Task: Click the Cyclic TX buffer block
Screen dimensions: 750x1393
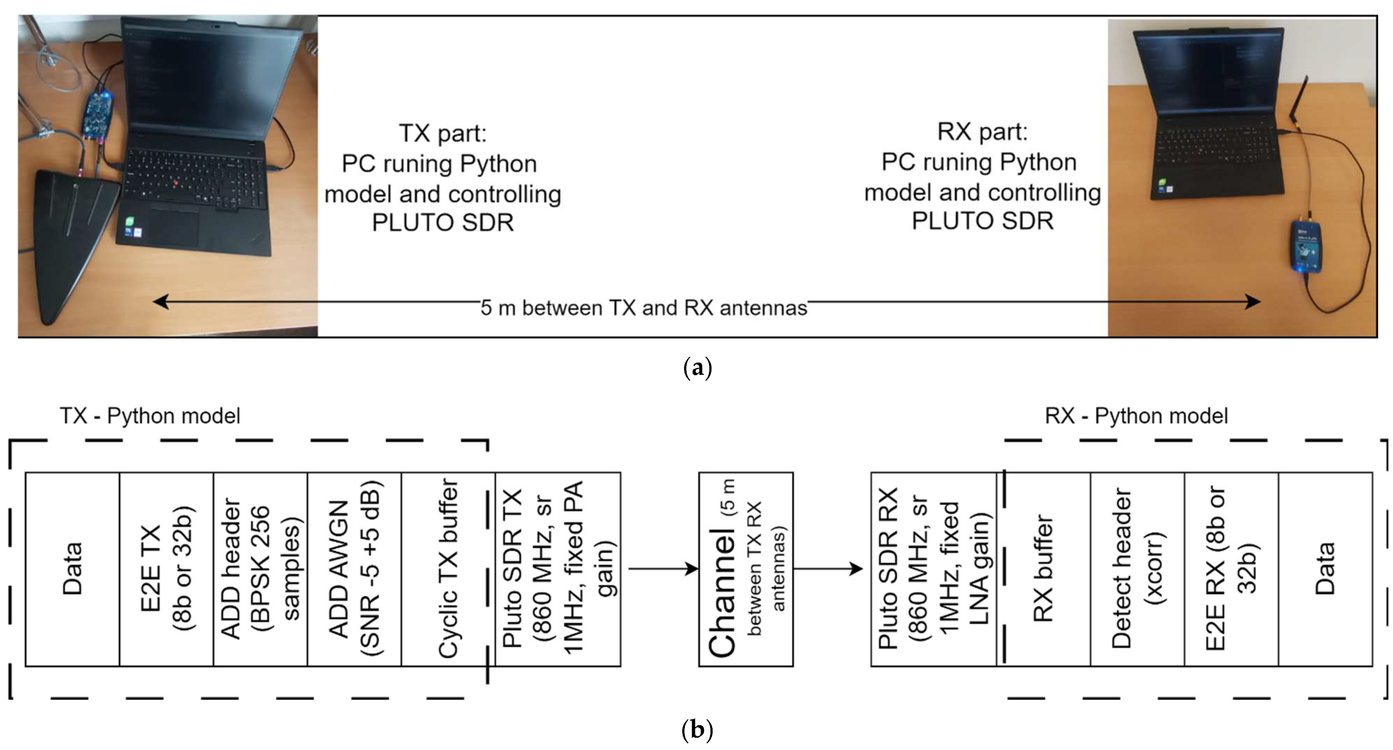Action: click(448, 569)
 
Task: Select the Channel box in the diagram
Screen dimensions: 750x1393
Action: click(746, 569)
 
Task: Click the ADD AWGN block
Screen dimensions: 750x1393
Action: click(354, 569)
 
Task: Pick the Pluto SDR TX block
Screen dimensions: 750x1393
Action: click(558, 569)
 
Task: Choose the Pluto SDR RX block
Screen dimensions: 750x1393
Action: click(933, 569)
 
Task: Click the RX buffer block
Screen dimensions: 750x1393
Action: click(1044, 569)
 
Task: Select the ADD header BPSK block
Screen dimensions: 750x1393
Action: click(260, 569)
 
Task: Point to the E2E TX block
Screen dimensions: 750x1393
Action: click(166, 569)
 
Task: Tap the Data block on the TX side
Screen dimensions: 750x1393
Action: click(72, 569)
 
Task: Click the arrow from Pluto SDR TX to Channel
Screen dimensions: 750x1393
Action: click(663, 569)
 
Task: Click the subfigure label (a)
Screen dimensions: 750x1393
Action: click(697, 369)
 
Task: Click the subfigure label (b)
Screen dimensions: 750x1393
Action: click(697, 730)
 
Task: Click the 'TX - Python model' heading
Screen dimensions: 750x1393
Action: click(150, 416)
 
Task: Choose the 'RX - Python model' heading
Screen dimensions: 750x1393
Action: click(1137, 416)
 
